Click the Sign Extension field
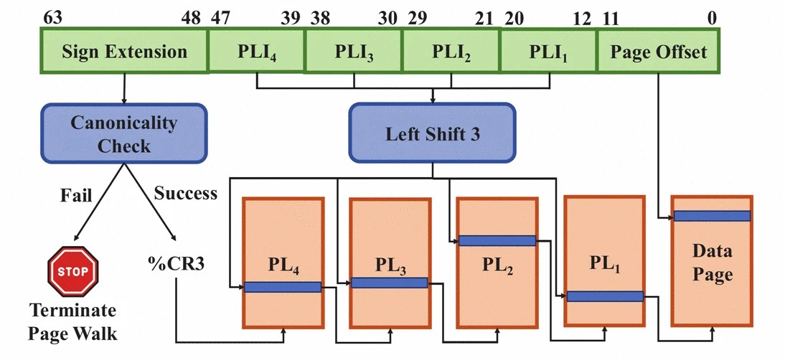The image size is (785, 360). pos(123,52)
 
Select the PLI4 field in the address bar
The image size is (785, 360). pos(256,52)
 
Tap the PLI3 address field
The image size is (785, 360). pos(354,52)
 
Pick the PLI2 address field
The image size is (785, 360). pos(451,52)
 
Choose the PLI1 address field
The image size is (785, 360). pos(548,52)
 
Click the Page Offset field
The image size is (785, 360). pos(658,52)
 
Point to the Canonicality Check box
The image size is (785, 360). pos(123,133)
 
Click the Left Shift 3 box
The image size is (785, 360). pos(432,134)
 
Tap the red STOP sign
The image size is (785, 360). pos(73,272)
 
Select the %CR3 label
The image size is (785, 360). pos(176,263)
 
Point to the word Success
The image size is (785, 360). pos(185,194)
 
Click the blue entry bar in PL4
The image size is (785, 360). pos(282,287)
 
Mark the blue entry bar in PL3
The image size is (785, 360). pos(389,283)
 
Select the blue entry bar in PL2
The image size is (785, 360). pos(497,241)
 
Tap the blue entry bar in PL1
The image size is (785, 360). pos(604,296)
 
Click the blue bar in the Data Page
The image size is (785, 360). pos(712,216)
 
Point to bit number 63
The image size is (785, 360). pos(52,17)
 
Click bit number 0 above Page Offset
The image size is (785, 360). pos(711,17)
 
